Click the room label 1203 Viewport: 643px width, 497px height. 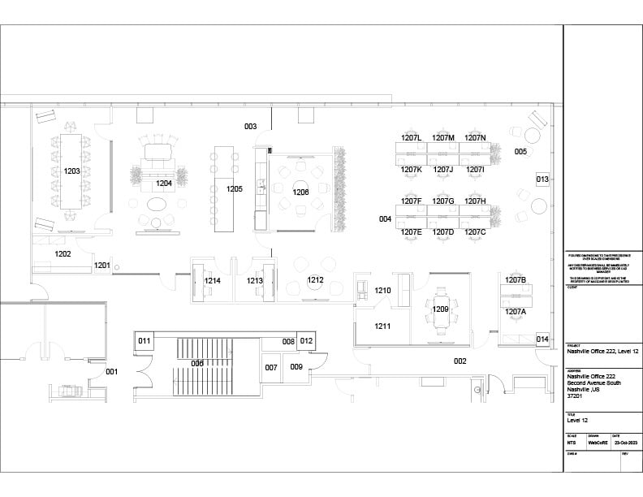tap(71, 171)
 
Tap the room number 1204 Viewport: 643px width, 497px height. tap(164, 184)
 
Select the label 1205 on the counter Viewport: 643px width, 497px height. tap(235, 188)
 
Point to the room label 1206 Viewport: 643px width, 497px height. tap(301, 192)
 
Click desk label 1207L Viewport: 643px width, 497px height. tap(412, 138)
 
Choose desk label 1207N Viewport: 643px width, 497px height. tap(475, 138)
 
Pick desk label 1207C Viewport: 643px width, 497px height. tap(475, 232)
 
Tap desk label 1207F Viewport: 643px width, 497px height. tap(412, 201)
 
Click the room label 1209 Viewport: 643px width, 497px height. tap(441, 309)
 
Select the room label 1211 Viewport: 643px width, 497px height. tap(382, 326)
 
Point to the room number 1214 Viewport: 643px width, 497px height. tap(213, 281)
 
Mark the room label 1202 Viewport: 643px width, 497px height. tap(63, 254)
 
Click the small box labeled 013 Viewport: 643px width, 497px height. tap(543, 179)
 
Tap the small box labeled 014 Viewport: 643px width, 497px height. tap(543, 339)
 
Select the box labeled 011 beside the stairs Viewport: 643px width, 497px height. tap(144, 340)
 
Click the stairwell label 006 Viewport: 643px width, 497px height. tap(197, 363)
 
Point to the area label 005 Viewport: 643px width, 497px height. tap(520, 152)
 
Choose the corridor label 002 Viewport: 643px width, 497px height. tap(460, 361)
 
